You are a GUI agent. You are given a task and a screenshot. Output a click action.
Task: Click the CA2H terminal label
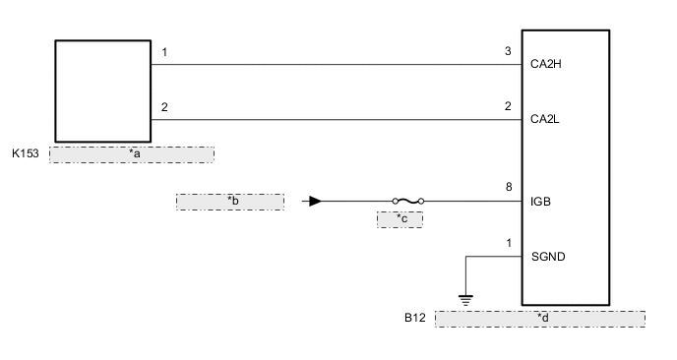tap(545, 65)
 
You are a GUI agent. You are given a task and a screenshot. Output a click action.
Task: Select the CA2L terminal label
tap(544, 120)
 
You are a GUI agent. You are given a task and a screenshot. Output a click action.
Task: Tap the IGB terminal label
tap(539, 202)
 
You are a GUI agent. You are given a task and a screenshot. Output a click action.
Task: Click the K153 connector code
tap(27, 154)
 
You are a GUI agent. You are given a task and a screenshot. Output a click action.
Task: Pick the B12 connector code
tap(414, 319)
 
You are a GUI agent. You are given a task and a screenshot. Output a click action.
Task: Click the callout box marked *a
tap(131, 154)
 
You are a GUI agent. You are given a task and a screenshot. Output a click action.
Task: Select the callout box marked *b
tap(230, 202)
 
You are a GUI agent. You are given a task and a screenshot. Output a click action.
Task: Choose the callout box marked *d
tap(539, 319)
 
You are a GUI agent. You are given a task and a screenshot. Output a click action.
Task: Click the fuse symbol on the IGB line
tap(406, 202)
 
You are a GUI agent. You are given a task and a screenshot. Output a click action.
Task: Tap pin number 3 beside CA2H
tap(507, 51)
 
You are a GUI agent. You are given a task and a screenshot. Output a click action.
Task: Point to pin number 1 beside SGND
tap(508, 242)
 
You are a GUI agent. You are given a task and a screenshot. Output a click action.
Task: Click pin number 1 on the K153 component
tap(164, 51)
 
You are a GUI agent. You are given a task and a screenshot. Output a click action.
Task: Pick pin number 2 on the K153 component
tap(164, 106)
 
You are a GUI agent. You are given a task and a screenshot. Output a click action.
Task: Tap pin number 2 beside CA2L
tap(507, 106)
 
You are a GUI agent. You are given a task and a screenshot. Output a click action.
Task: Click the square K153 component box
tap(101, 90)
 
